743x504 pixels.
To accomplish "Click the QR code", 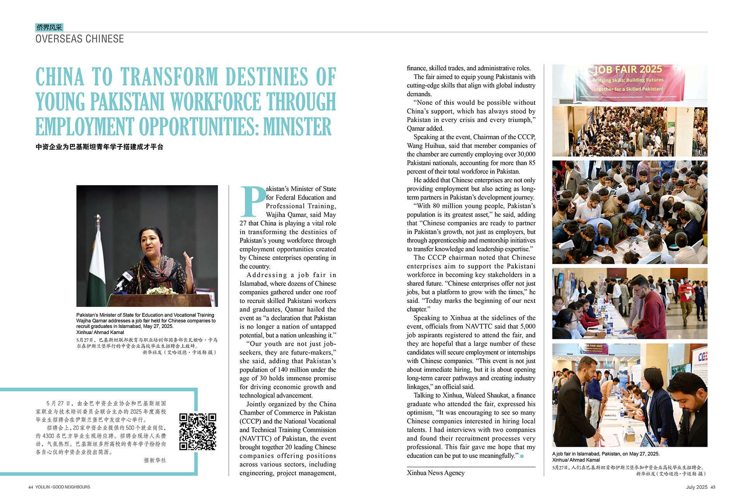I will (197, 432).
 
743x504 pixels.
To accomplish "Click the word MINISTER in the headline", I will (297, 126).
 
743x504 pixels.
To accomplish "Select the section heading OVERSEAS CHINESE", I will (80, 39).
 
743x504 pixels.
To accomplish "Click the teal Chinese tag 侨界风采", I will (49, 27).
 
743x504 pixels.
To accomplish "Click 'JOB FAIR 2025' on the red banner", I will (628, 70).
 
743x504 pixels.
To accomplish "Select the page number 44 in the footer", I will (31, 487).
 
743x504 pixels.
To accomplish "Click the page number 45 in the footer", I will (713, 487).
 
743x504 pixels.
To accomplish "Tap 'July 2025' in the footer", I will (697, 487).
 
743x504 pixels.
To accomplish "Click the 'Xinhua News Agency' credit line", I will (435, 473).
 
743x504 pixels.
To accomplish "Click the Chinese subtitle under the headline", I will (99, 147).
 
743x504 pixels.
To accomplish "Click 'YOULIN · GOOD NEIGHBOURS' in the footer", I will (63, 487).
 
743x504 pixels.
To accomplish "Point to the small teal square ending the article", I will (522, 456).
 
